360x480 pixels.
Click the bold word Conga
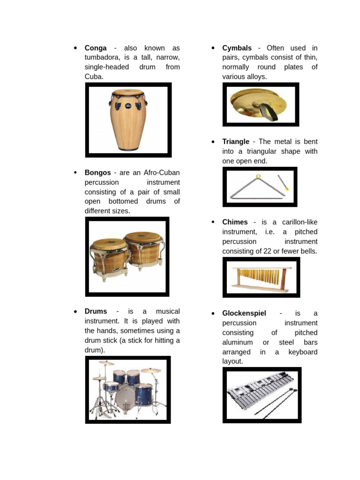(x=96, y=48)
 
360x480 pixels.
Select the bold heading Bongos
(x=97, y=172)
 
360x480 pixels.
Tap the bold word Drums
(x=96, y=311)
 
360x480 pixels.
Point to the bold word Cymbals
(x=237, y=48)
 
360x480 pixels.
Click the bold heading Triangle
(x=236, y=142)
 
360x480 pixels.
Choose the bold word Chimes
(x=235, y=222)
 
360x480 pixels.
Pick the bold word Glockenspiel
(x=244, y=313)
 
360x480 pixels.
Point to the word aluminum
(x=239, y=342)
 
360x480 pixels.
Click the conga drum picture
(x=127, y=120)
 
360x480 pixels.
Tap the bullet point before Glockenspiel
(x=213, y=313)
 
